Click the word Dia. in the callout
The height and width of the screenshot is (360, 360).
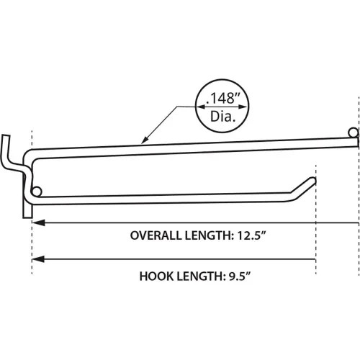222,116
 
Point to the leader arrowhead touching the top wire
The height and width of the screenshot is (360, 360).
145,141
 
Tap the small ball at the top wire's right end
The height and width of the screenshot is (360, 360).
352,133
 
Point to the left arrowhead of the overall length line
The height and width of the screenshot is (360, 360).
38,223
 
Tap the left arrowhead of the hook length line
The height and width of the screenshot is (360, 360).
38,259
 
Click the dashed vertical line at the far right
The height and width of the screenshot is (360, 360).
358,216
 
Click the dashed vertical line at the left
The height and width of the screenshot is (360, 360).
32,245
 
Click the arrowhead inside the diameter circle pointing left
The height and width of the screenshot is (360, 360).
199,108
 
